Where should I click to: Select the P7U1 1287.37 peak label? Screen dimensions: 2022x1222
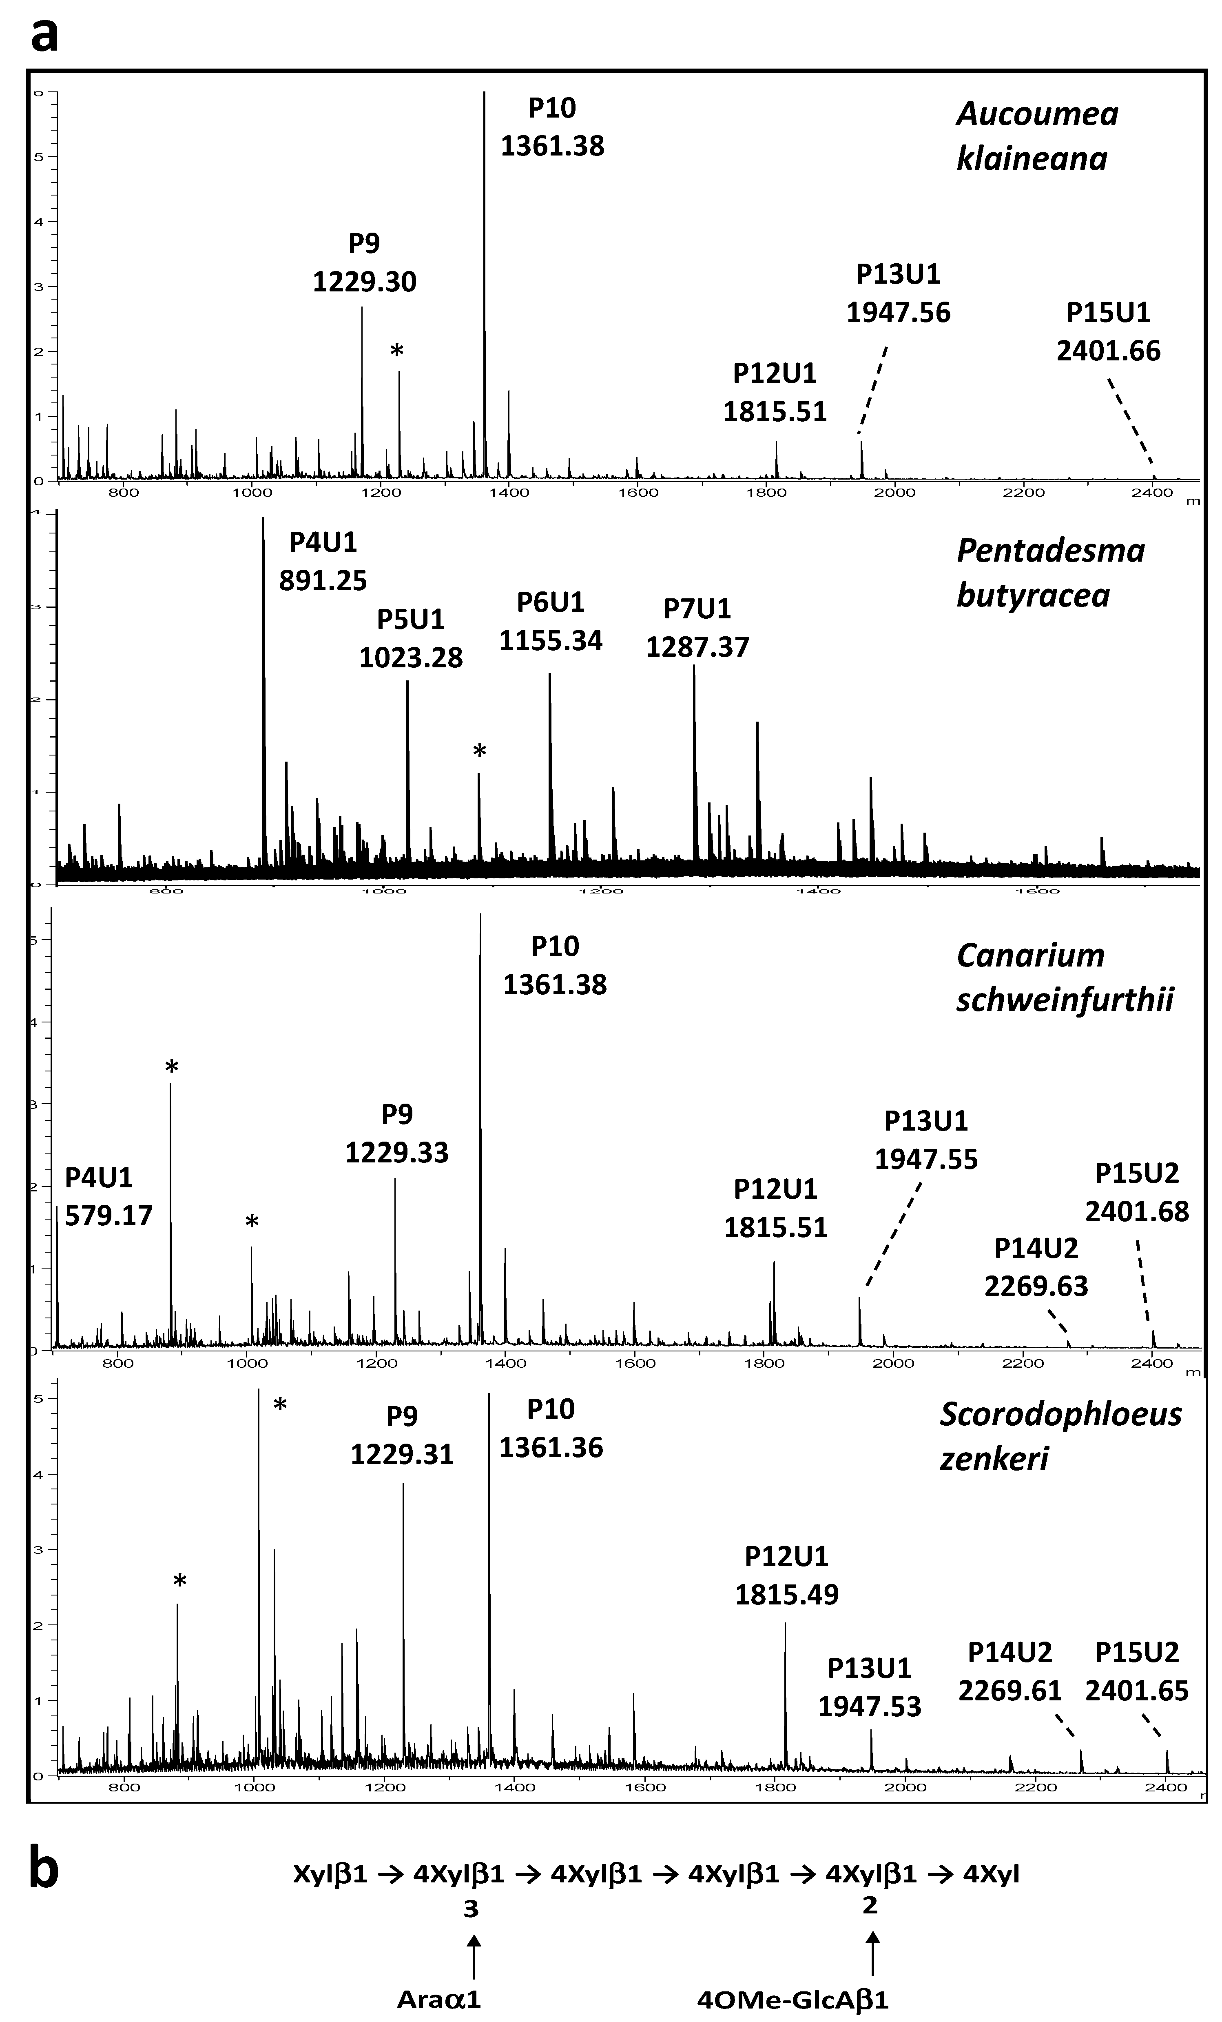697,628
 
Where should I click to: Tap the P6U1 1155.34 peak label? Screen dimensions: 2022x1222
550,621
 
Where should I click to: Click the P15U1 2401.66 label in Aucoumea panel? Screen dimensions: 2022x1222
1108,331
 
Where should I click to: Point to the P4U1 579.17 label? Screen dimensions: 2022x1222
108,1196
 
